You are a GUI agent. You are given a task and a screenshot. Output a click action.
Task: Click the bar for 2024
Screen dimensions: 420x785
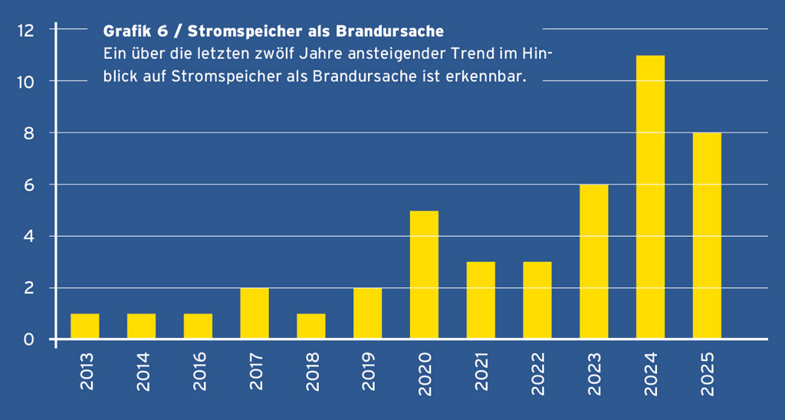(650, 197)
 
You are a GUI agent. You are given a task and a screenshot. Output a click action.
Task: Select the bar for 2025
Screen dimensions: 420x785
(707, 235)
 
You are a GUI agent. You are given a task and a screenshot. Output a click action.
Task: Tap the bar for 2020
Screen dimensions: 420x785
(424, 274)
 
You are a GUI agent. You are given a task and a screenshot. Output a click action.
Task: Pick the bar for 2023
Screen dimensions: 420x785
(594, 261)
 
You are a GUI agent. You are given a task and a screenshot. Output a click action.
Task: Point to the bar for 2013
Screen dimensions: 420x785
(85, 326)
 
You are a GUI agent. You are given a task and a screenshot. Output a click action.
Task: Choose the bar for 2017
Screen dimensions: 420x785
(255, 313)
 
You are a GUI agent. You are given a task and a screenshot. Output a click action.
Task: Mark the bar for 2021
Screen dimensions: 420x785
(481, 300)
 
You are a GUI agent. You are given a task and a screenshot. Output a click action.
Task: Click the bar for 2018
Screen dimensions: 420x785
(311, 326)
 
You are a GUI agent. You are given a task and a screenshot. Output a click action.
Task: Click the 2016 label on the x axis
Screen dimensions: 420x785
(199, 372)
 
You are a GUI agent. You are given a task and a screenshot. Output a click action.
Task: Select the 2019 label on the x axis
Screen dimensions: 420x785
(368, 372)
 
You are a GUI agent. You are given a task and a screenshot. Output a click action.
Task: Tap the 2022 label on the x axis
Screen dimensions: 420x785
(538, 372)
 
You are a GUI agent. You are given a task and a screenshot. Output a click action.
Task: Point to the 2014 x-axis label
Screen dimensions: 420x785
(142, 372)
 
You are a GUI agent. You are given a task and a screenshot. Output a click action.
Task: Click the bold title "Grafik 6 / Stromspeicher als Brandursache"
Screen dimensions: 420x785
(273, 32)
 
